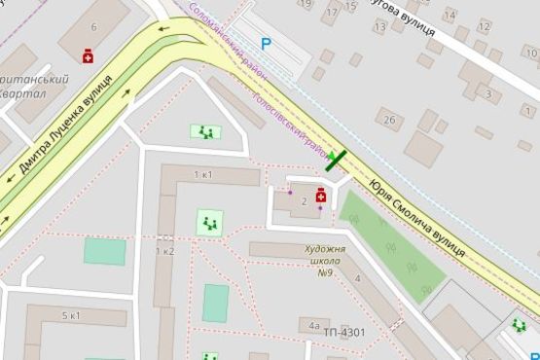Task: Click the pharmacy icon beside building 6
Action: [89, 56]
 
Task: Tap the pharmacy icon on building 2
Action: [320, 196]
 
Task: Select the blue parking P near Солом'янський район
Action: [266, 43]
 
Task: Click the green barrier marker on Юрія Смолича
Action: [338, 161]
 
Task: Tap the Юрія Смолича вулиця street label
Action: [416, 214]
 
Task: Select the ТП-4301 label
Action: [344, 333]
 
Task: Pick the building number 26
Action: [389, 121]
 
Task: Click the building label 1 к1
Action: [203, 175]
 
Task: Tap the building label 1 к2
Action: [164, 251]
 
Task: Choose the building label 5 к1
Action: [71, 316]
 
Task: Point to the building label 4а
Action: [313, 326]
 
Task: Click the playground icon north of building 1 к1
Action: [205, 131]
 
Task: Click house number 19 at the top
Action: [307, 4]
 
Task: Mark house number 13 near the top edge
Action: [379, 27]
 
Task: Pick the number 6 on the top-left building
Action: [93, 27]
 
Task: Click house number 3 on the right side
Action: [487, 93]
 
